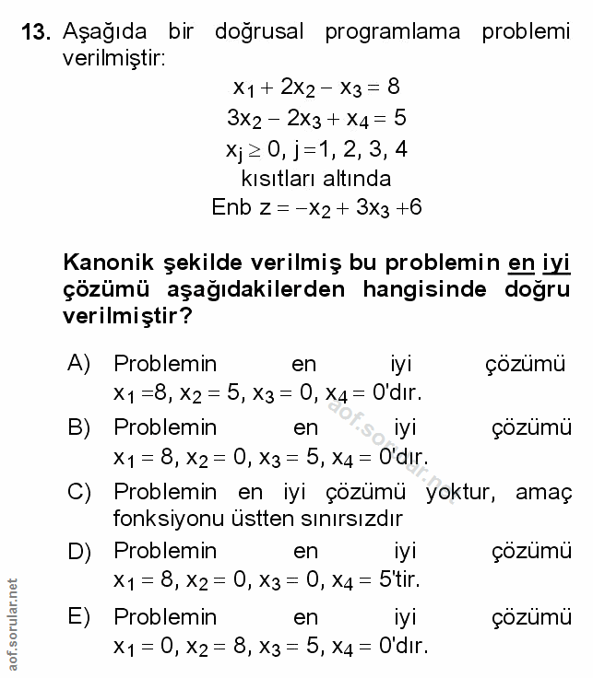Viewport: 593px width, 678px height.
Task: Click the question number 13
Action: [x=33, y=32]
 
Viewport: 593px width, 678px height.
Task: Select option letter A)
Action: [x=78, y=365]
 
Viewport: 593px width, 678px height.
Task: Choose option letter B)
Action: [x=78, y=427]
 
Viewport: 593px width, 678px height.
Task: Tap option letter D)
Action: [x=78, y=552]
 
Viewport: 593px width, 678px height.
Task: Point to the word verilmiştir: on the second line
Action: [x=113, y=58]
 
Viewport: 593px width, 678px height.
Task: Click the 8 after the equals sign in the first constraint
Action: [x=393, y=88]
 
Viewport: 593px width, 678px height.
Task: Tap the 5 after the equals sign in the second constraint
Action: [x=399, y=118]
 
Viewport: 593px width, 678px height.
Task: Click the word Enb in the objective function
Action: [x=231, y=207]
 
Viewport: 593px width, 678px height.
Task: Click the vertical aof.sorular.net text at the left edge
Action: [x=12, y=626]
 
